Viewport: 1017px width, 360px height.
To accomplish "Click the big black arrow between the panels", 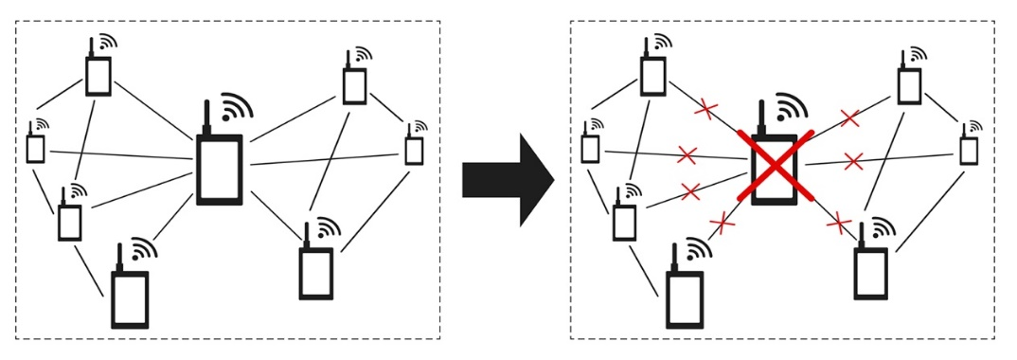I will pos(507,179).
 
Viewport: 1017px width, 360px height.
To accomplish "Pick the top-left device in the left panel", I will pos(98,76).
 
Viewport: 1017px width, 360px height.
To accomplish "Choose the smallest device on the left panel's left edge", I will pos(35,148).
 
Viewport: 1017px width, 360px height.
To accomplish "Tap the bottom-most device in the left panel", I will pos(130,298).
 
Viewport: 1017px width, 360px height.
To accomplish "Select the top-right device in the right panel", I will pos(909,85).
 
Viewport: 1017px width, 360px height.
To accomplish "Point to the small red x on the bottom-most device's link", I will pos(723,224).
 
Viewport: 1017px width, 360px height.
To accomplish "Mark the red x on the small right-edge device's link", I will pos(853,161).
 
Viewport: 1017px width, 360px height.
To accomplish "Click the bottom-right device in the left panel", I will pos(314,273).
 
